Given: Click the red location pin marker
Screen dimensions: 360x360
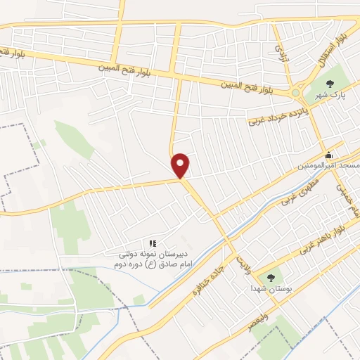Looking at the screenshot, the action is pyautogui.click(x=181, y=166).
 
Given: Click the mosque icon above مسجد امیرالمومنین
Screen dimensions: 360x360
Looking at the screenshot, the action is pyautogui.click(x=328, y=155).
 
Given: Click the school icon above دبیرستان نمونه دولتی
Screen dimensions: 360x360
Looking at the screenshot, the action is pyautogui.click(x=152, y=243).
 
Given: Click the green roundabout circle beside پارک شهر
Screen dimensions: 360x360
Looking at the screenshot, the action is pyautogui.click(x=297, y=92).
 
